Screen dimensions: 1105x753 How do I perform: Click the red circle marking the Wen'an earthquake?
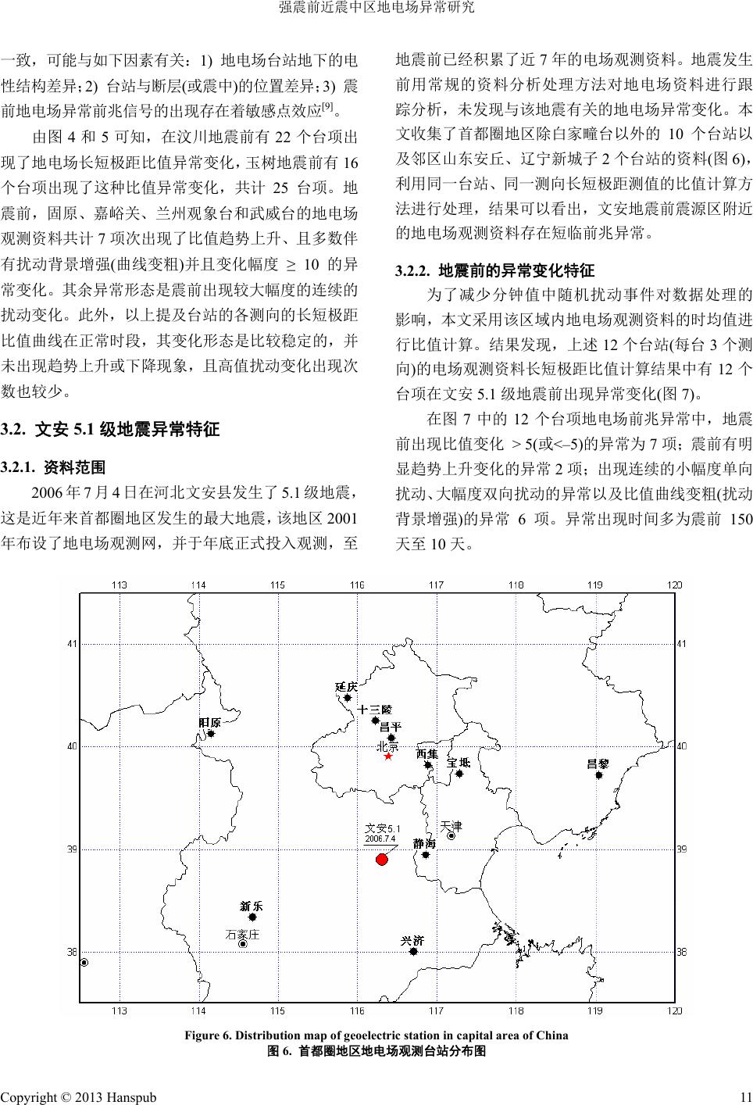382,860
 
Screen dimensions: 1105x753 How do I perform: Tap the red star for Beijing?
387,756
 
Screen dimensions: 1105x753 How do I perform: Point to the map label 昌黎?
598,763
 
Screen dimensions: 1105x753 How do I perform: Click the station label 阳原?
209,722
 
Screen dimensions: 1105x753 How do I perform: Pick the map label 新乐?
252,906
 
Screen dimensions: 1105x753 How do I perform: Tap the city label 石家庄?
241,933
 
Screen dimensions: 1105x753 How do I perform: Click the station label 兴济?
412,940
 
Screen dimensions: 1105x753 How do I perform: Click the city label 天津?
451,825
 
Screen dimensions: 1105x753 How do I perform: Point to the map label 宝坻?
459,762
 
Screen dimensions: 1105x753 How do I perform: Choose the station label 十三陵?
373,709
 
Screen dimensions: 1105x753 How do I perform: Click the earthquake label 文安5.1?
383,828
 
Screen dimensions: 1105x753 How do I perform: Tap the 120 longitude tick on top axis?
675,585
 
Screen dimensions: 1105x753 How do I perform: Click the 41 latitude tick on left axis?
72,644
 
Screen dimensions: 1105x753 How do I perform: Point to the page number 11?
745,1097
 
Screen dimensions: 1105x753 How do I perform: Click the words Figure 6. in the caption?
207,1035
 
